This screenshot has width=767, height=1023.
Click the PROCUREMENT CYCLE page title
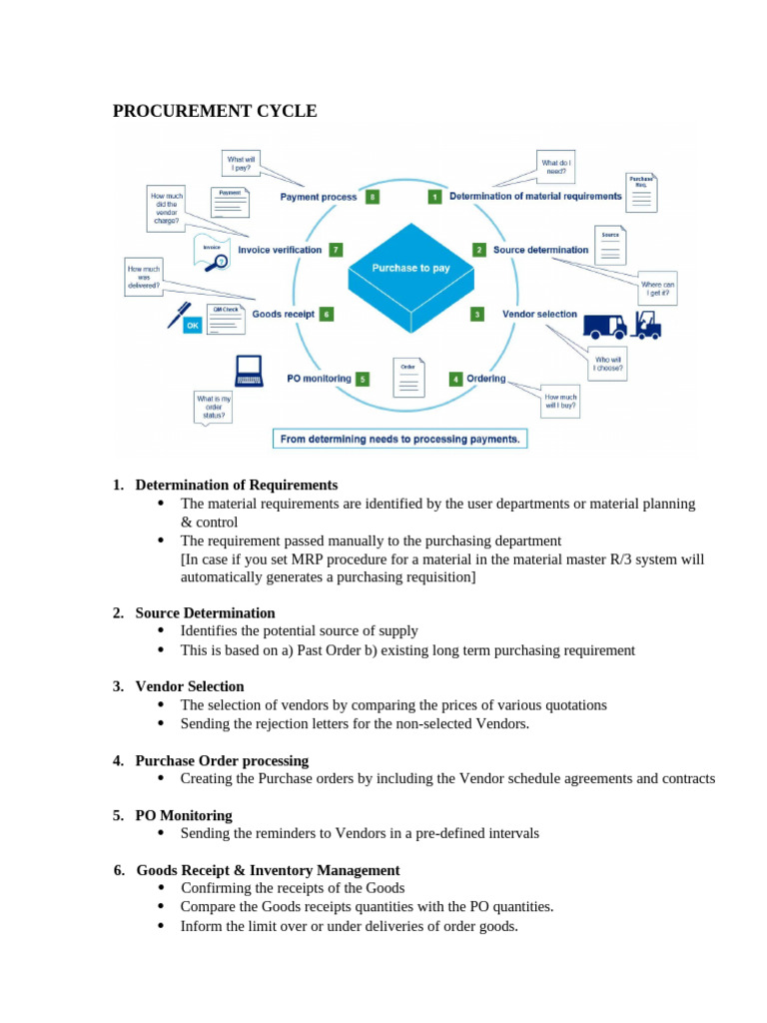[x=215, y=111]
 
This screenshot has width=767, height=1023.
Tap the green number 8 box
[x=372, y=197]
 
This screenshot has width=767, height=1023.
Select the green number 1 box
[x=434, y=197]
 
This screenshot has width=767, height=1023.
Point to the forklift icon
[x=647, y=323]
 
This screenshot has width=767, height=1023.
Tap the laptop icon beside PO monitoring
[x=248, y=371]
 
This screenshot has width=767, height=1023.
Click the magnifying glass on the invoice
[x=221, y=261]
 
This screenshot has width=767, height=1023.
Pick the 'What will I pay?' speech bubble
[x=241, y=164]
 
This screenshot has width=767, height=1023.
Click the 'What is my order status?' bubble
[x=212, y=406]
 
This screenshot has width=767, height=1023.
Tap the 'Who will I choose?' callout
[x=608, y=362]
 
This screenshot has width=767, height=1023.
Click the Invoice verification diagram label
[x=280, y=250]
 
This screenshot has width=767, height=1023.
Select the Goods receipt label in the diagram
[x=284, y=314]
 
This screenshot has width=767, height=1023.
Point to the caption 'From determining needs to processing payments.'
[x=399, y=439]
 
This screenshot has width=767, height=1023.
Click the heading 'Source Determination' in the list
[x=205, y=612]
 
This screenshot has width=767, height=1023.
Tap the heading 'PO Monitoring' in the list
[x=184, y=815]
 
